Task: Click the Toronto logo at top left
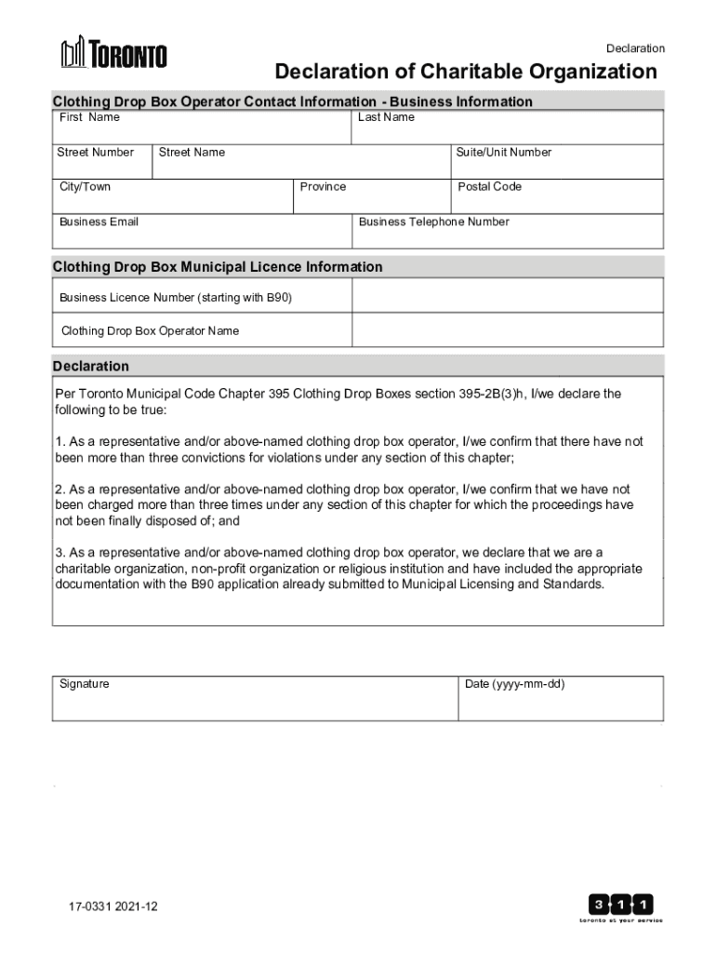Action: (x=113, y=53)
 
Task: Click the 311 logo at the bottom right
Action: (x=621, y=907)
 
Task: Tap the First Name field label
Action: (x=89, y=117)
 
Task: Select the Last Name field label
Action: (x=386, y=117)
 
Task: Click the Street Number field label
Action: (x=95, y=152)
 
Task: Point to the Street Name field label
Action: (x=192, y=152)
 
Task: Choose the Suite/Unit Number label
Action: (x=503, y=152)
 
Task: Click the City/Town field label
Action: (x=85, y=187)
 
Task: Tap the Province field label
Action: (x=323, y=187)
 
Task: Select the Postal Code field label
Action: (x=489, y=187)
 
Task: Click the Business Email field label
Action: (x=99, y=221)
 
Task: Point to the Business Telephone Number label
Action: (x=433, y=221)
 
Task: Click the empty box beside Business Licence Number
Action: (x=507, y=295)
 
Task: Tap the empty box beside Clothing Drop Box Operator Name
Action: (x=507, y=329)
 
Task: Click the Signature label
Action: (x=85, y=684)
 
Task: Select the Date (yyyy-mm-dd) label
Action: (x=514, y=684)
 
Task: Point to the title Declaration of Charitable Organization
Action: (x=465, y=73)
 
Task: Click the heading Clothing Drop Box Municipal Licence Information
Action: (x=218, y=267)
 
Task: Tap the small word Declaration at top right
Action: (x=635, y=48)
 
